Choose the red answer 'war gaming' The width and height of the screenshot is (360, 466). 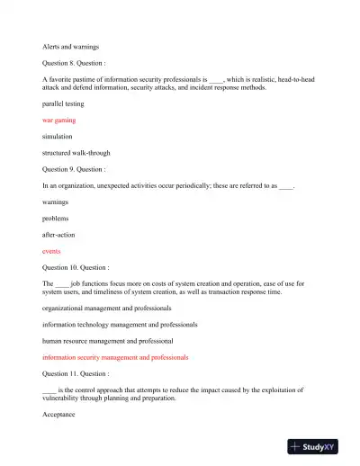pos(59,120)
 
